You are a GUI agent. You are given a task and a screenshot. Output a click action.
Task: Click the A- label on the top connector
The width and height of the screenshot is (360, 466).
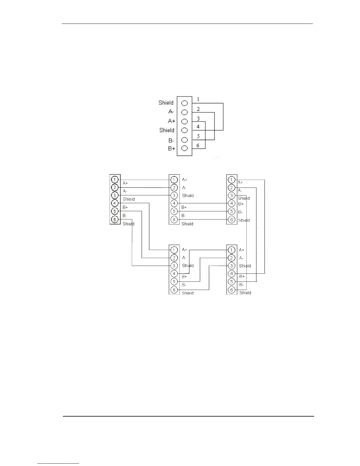pos(171,112)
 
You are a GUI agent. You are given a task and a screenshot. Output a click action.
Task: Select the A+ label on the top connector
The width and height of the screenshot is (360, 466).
pos(171,121)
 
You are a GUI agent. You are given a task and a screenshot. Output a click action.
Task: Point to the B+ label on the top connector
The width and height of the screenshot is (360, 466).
pos(171,149)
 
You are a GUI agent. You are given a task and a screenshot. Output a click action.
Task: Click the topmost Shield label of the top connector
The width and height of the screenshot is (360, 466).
pos(166,103)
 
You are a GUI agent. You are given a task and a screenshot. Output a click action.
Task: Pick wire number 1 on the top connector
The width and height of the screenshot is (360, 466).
pos(198,99)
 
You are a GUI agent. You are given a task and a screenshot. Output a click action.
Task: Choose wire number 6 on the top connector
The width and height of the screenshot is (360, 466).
pos(198,145)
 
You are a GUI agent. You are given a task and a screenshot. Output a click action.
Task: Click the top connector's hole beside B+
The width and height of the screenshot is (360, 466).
pos(185,148)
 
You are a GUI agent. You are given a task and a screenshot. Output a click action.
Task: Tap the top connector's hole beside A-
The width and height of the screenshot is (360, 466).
pos(185,112)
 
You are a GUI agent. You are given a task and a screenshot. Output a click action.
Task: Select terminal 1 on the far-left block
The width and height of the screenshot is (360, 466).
pos(115,179)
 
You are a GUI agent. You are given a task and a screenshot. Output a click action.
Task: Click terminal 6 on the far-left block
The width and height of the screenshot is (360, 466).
pos(115,219)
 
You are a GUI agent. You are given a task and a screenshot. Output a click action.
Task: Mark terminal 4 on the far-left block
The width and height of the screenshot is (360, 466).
pos(115,203)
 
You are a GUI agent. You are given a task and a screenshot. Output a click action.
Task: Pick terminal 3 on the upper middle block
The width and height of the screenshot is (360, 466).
pos(174,196)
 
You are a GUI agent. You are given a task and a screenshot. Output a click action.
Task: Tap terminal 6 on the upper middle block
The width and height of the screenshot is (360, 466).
pos(174,219)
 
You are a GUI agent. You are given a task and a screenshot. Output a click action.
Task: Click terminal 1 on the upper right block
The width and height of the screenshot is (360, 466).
pos(231,180)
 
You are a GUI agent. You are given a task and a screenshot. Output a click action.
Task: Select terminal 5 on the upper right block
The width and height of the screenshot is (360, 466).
pos(231,211)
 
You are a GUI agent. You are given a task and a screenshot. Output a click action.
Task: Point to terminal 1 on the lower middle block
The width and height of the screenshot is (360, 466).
pos(174,250)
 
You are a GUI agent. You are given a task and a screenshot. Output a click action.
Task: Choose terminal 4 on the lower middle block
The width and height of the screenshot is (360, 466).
pos(174,274)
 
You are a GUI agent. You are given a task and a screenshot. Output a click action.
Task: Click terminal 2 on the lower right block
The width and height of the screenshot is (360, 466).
pos(231,258)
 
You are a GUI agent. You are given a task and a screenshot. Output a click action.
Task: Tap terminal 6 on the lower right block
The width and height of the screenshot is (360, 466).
pos(231,290)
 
